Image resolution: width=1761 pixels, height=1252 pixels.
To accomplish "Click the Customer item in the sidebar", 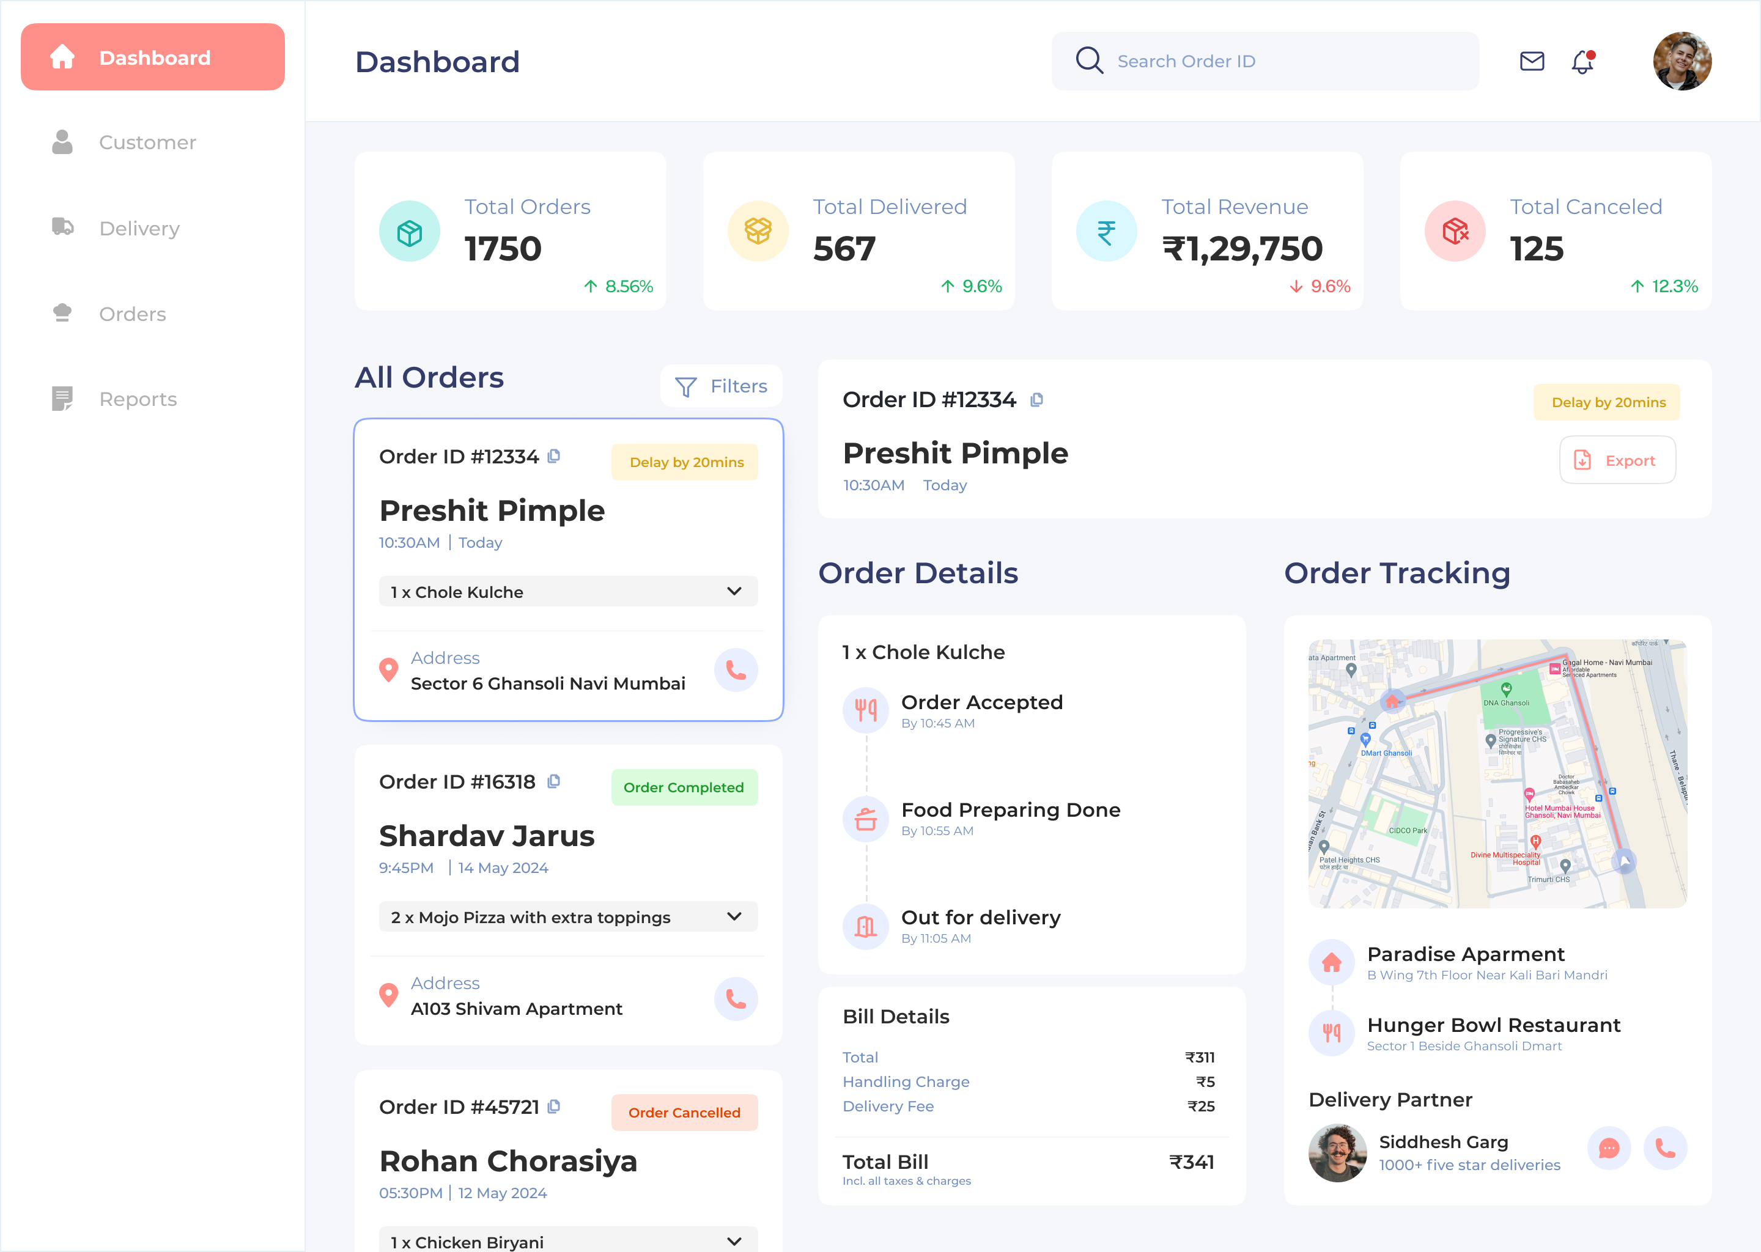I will coord(147,142).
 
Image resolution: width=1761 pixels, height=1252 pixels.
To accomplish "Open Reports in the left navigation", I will coord(137,399).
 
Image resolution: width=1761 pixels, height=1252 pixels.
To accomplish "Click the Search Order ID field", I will coord(1264,61).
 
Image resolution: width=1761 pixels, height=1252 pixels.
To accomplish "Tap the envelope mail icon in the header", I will coord(1531,61).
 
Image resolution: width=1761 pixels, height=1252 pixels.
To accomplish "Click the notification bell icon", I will coord(1582,62).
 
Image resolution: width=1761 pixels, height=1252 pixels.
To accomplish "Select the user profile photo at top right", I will coord(1682,61).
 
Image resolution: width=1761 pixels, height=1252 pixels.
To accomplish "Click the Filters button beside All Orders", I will coord(721,386).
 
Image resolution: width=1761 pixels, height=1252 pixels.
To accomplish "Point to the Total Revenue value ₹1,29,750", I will coord(1242,249).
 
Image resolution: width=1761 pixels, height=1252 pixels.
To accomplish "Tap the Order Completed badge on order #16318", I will coord(684,787).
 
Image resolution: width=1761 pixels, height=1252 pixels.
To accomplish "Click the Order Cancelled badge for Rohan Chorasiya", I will coord(684,1113).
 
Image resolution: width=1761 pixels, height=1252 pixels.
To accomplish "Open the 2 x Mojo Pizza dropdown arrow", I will coord(734,916).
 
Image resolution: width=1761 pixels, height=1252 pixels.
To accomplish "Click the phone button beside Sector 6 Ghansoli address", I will coord(736,671).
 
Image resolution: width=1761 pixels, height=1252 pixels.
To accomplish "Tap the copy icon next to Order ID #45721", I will coord(553,1107).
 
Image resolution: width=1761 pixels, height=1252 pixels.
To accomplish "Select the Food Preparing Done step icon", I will coord(865,819).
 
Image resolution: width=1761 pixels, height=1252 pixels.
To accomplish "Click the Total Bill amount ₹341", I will coord(1191,1162).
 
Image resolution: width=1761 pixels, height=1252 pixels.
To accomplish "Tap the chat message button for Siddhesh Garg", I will coord(1608,1149).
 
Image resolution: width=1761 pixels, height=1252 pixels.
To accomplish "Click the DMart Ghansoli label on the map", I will coord(1386,753).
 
